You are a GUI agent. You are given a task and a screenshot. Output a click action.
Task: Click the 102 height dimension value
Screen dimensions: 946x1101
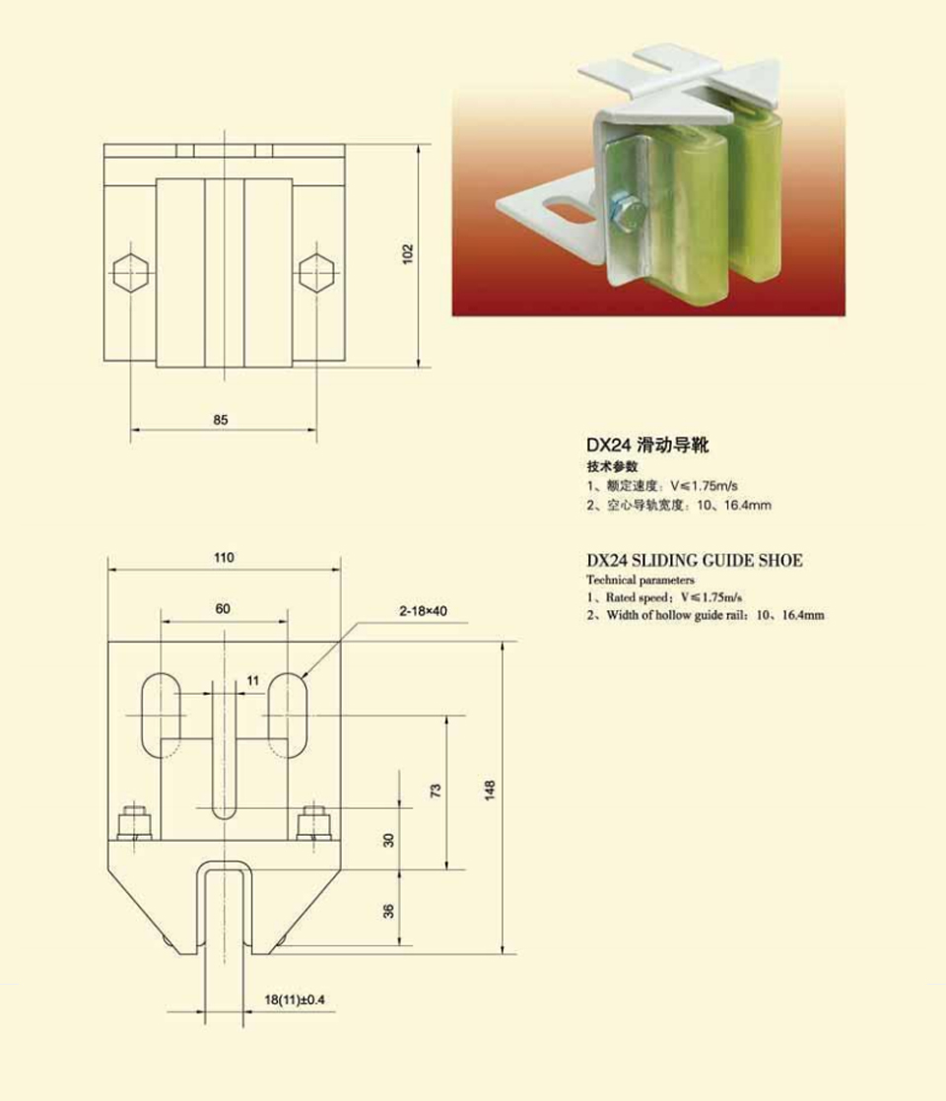pos(408,254)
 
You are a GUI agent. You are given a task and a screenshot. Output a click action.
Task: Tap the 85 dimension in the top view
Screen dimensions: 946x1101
pos(221,420)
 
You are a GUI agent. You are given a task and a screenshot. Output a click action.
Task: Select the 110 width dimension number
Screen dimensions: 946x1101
pos(224,558)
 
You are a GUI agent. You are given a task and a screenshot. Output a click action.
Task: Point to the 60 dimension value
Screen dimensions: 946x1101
pos(223,609)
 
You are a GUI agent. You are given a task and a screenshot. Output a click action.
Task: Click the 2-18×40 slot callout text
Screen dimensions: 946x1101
pos(423,611)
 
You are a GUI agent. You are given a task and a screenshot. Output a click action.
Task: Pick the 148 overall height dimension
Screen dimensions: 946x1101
pos(490,790)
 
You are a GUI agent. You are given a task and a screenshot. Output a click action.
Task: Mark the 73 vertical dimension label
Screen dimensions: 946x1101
pos(436,791)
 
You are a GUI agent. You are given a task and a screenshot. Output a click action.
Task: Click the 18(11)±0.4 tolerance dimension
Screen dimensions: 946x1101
pos(295,999)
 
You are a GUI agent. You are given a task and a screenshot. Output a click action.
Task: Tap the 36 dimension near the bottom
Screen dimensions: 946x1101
pos(388,911)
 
